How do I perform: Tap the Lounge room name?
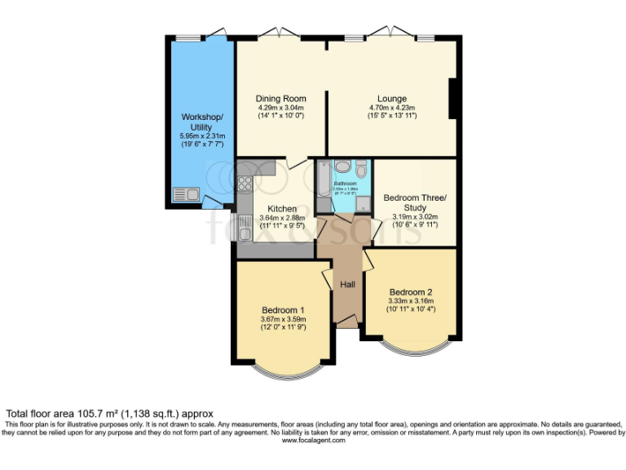click(392, 98)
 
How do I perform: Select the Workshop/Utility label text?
click(196, 122)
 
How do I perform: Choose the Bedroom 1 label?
click(283, 309)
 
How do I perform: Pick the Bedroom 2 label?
click(410, 292)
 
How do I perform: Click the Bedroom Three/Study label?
click(415, 202)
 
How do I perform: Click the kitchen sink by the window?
click(243, 222)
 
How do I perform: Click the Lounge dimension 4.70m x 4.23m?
click(392, 108)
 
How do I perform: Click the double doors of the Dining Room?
click(276, 34)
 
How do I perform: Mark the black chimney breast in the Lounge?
click(452, 100)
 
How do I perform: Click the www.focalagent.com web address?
click(313, 440)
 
